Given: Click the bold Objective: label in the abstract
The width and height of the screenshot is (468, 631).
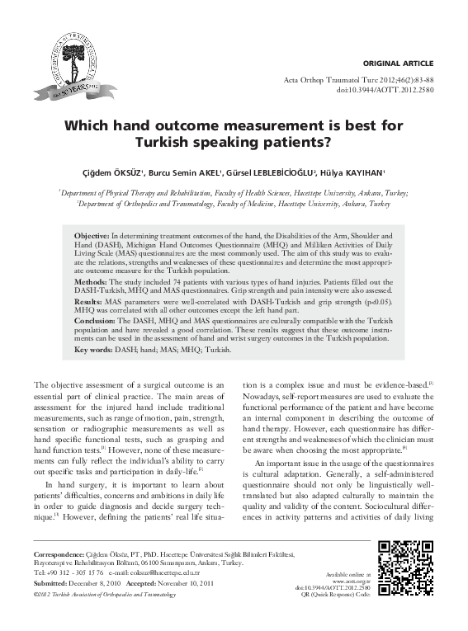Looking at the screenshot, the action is coord(92,236).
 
